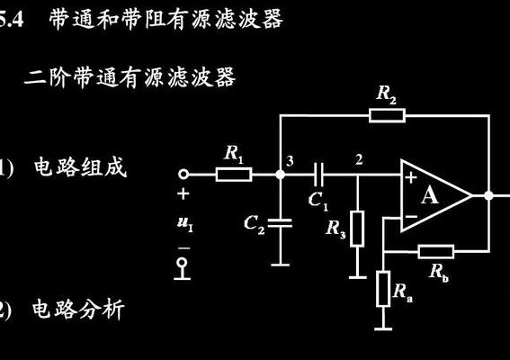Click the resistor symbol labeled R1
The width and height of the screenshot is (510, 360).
(x=234, y=175)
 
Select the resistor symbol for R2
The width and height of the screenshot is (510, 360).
(x=387, y=115)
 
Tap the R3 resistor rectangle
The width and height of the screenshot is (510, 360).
(x=357, y=229)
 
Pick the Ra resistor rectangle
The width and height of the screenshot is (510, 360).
(x=383, y=289)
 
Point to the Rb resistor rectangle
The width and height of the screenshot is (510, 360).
(x=436, y=252)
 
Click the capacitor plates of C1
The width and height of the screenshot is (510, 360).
(x=318, y=175)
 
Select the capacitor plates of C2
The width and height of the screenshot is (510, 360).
(x=280, y=223)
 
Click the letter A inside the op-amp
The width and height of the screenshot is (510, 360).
(x=430, y=195)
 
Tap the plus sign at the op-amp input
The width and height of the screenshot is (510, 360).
(x=411, y=177)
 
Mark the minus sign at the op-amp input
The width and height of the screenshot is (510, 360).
(x=411, y=216)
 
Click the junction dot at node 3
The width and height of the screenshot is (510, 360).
(x=280, y=175)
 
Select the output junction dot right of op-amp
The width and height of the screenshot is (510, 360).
(x=488, y=195)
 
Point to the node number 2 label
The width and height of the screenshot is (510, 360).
(x=359, y=159)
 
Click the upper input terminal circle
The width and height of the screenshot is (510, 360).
(x=183, y=175)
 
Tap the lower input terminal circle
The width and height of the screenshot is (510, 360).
(x=183, y=263)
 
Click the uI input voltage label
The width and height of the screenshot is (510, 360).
(x=185, y=223)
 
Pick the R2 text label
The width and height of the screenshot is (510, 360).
(x=387, y=94)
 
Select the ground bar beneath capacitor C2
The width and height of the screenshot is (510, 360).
(x=280, y=265)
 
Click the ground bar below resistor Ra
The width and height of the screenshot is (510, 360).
(x=383, y=329)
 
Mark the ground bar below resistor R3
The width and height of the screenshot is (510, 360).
(x=357, y=277)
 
